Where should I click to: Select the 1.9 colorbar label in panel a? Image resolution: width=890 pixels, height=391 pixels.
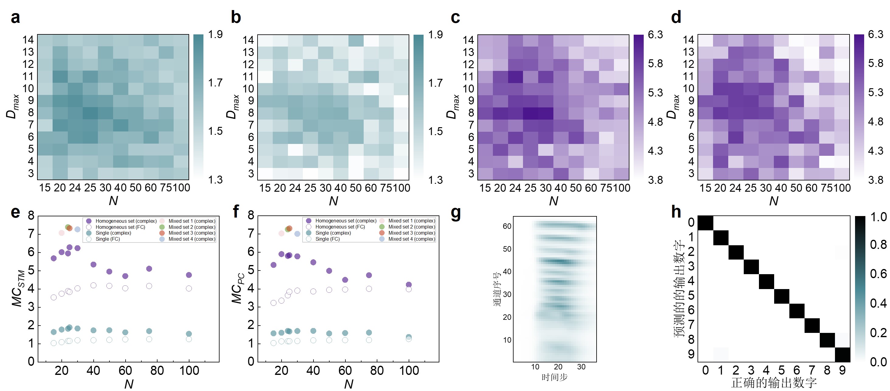click(x=215, y=35)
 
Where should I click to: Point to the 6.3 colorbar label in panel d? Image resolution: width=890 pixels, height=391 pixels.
click(x=875, y=35)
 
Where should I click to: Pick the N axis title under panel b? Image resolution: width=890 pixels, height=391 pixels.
click(x=333, y=201)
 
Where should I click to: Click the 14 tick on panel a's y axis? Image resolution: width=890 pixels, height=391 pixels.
click(x=28, y=40)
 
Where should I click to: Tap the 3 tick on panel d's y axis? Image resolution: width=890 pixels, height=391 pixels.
click(x=691, y=173)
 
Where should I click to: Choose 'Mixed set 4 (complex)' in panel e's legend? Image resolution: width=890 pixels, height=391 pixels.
click(x=192, y=239)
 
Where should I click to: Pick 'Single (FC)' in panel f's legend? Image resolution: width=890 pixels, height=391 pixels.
click(x=327, y=239)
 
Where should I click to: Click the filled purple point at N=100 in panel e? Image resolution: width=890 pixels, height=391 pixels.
click(x=189, y=275)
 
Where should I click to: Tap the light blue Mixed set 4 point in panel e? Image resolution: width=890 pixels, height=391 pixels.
click(x=78, y=229)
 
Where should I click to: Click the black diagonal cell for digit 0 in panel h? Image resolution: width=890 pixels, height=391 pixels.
click(x=705, y=223)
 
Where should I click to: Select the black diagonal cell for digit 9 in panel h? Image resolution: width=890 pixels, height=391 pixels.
click(x=842, y=355)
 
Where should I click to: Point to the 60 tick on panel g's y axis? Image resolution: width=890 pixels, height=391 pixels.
click(x=507, y=226)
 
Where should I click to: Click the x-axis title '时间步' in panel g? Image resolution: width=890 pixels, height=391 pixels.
click(x=554, y=377)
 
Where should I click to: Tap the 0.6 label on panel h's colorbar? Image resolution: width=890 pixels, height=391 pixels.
click(x=878, y=274)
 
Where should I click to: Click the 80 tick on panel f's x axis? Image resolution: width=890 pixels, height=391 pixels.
click(x=377, y=371)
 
